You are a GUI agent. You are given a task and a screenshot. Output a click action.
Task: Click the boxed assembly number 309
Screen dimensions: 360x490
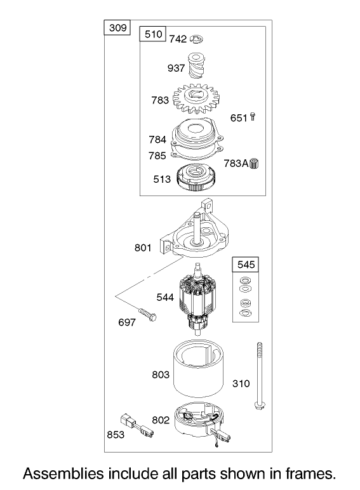tap(118, 28)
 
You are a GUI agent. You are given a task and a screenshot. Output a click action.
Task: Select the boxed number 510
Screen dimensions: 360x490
tap(154, 34)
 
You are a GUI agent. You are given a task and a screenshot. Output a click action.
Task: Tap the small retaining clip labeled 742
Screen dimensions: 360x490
tap(197, 39)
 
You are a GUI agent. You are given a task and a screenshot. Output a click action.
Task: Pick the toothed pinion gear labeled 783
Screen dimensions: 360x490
tap(196, 98)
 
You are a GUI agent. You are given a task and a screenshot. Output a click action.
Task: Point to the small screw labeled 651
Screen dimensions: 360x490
tap(253, 117)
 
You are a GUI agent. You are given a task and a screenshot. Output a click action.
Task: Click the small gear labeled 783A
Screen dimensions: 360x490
tap(255, 163)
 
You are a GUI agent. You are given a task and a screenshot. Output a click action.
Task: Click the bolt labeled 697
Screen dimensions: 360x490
tap(147, 315)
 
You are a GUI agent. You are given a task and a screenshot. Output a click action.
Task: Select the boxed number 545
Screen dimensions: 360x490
tap(246, 265)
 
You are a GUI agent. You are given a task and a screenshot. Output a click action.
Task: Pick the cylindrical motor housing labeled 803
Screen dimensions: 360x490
tap(199, 368)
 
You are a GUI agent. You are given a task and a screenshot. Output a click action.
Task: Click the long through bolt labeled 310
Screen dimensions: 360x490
tap(259, 376)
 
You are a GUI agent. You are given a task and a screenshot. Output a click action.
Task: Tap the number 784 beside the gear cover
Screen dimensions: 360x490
tap(157, 140)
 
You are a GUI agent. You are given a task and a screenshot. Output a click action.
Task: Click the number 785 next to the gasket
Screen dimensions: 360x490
tap(157, 156)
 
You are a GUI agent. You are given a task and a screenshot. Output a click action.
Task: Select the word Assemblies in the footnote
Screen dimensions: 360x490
tap(63, 474)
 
